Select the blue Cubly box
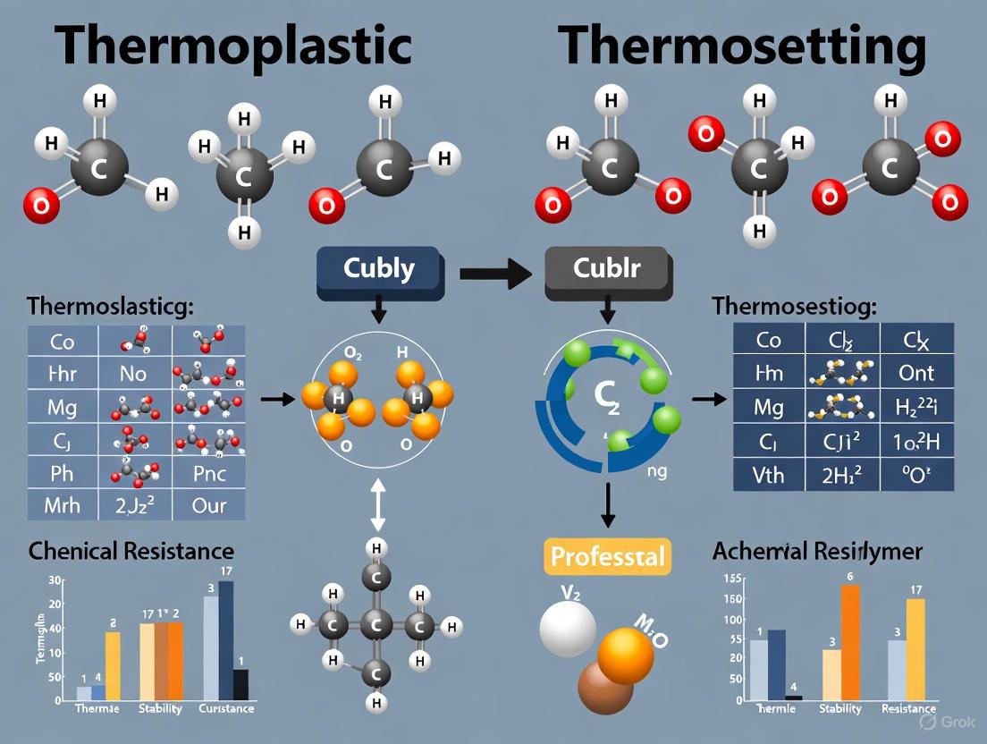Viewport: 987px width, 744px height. pos(379,267)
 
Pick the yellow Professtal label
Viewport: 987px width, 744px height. pos(607,556)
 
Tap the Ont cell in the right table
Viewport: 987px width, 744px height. pos(916,373)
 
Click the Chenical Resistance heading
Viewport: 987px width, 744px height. pos(131,550)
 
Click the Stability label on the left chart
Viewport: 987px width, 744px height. pos(160,708)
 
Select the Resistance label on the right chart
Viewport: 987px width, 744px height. pos(908,708)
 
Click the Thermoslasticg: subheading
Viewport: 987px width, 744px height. pos(110,307)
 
